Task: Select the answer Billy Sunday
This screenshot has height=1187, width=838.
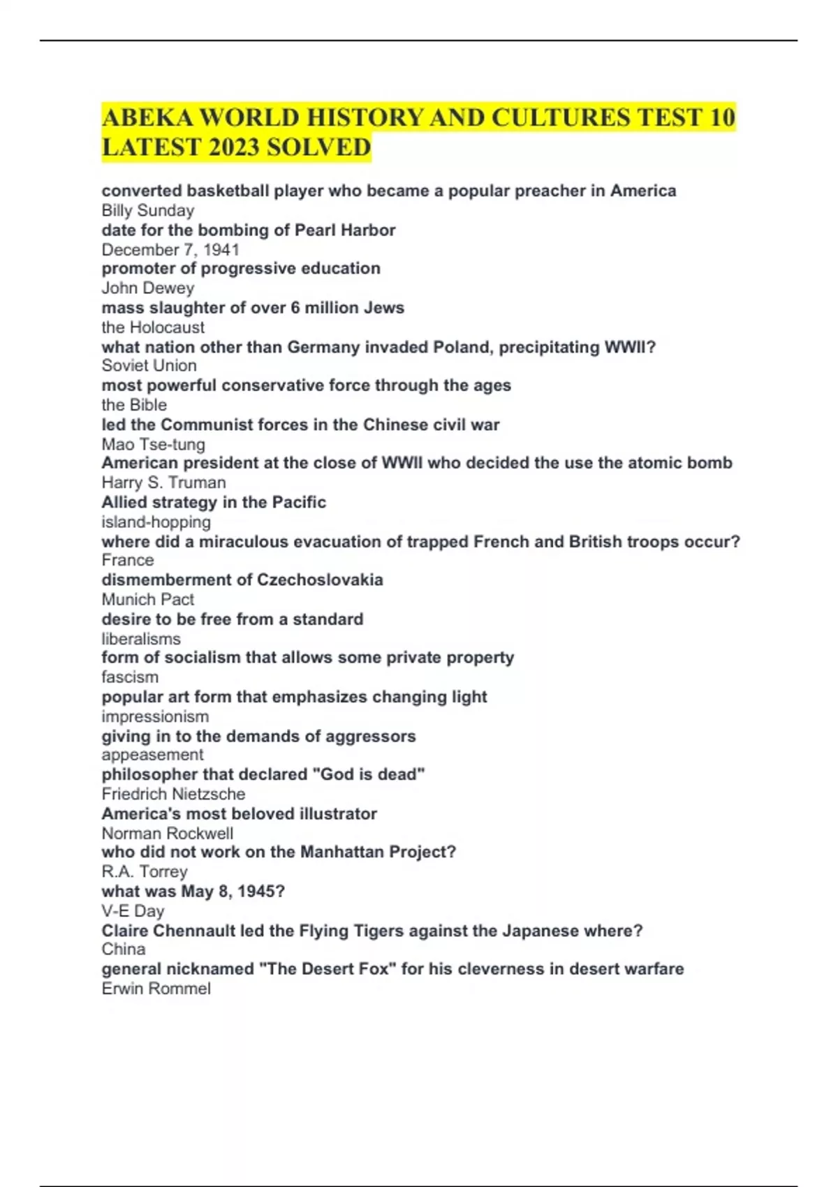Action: pyautogui.click(x=148, y=210)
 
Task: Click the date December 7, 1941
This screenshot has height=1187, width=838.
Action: pyautogui.click(x=170, y=249)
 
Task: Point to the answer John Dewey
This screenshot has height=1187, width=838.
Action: pyautogui.click(x=148, y=288)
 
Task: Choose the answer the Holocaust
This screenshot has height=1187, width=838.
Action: pyautogui.click(x=153, y=327)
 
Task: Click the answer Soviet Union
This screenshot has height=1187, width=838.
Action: pyautogui.click(x=149, y=365)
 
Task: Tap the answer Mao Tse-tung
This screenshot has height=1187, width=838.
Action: pyautogui.click(x=154, y=444)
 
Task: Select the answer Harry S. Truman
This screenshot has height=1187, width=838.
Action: pyautogui.click(x=163, y=482)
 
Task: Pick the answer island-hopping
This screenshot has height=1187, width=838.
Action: pyautogui.click(x=156, y=522)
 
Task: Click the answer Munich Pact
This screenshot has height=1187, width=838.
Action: pyautogui.click(x=148, y=599)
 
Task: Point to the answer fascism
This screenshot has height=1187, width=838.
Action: pyautogui.click(x=130, y=677)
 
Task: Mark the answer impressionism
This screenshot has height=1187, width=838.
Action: pyautogui.click(x=155, y=716)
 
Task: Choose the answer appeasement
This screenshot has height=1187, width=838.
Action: pyautogui.click(x=152, y=755)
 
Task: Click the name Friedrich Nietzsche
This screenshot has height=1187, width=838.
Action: pyautogui.click(x=173, y=794)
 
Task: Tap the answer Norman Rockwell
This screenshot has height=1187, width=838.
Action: pyautogui.click(x=168, y=833)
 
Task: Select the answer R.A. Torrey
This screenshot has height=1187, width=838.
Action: pyautogui.click(x=145, y=871)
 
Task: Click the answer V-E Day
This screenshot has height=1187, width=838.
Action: pyautogui.click(x=133, y=910)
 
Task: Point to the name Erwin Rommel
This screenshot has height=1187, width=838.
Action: pyautogui.click(x=156, y=988)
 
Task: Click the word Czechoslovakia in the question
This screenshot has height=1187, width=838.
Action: pyautogui.click(x=320, y=580)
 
